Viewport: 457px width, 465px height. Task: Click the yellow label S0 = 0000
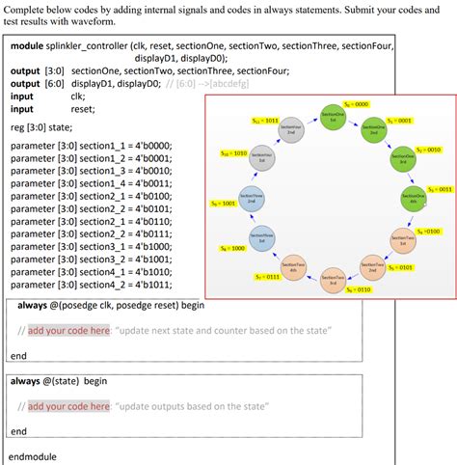click(x=357, y=103)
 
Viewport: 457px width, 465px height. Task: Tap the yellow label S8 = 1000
click(x=232, y=248)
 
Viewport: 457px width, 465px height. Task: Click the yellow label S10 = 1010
click(x=233, y=153)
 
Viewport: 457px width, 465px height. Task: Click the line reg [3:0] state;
click(x=45, y=126)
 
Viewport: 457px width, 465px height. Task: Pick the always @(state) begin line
click(x=59, y=381)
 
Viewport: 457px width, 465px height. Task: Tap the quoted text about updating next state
click(x=226, y=330)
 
